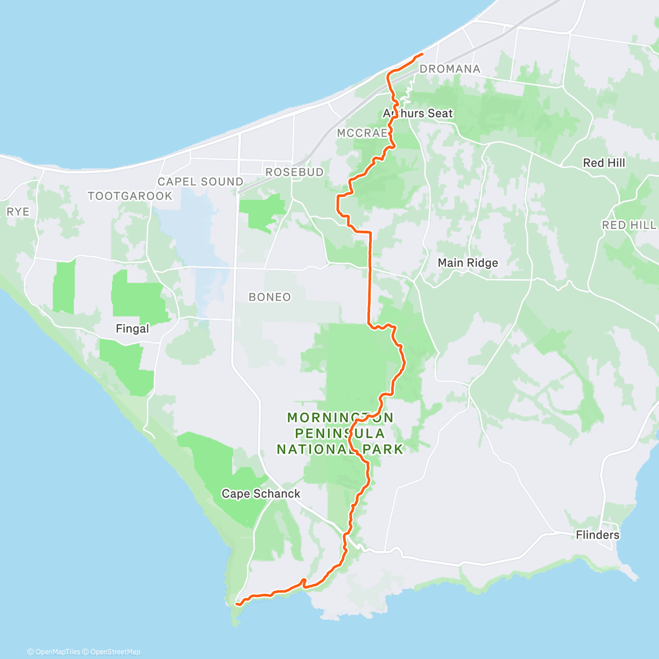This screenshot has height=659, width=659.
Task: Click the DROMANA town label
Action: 449,69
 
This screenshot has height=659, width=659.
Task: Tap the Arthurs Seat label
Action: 418,114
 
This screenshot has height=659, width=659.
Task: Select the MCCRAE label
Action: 362,133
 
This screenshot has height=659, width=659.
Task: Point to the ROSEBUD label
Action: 294,172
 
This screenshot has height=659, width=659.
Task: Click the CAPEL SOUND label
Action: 200,182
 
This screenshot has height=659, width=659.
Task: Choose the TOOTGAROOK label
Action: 130,196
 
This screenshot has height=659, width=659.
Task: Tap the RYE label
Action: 18,211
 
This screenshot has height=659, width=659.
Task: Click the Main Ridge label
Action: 467,263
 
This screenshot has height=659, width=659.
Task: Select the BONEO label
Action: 270,297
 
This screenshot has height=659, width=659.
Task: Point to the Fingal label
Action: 132,329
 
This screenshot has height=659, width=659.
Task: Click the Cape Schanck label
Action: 261,494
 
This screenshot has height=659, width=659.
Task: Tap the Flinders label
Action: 597,535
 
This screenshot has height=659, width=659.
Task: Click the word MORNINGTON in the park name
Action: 340,418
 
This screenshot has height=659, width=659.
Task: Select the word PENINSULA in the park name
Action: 340,434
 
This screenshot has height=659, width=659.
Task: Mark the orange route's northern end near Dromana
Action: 422,54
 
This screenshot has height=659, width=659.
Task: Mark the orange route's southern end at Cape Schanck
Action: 237,604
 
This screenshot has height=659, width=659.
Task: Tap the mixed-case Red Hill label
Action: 604,163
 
